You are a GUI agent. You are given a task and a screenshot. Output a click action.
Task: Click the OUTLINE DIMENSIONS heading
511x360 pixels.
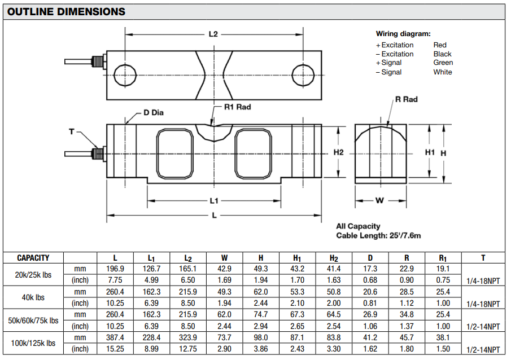point(67,11)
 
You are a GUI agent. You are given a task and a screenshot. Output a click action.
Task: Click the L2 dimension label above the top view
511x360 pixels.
point(213,34)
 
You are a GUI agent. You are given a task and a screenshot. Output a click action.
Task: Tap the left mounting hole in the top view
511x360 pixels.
point(125,74)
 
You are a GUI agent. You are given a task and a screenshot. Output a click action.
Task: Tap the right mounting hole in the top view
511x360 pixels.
point(303,74)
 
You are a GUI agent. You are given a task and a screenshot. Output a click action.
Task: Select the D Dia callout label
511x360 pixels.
point(152,113)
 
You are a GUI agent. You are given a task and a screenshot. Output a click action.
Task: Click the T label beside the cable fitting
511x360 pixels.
point(72,131)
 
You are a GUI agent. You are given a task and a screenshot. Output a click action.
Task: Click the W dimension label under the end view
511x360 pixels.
point(379,200)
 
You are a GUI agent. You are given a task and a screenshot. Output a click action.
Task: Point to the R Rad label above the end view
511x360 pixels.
point(407,99)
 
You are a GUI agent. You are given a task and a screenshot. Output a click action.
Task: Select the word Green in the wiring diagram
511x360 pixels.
point(443,63)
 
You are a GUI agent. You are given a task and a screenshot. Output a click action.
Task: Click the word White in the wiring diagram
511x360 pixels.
point(442,72)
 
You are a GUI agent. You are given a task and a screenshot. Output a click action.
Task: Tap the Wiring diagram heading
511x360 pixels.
point(403,34)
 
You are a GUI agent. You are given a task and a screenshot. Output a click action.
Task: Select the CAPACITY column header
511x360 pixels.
point(33,258)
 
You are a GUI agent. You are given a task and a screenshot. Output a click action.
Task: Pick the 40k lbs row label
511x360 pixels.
point(33,297)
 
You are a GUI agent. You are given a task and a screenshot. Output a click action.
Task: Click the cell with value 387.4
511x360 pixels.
point(115,337)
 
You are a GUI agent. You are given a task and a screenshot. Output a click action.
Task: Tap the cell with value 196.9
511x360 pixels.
point(115,269)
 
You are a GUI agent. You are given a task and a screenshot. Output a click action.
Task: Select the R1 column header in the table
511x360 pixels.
point(442,258)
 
